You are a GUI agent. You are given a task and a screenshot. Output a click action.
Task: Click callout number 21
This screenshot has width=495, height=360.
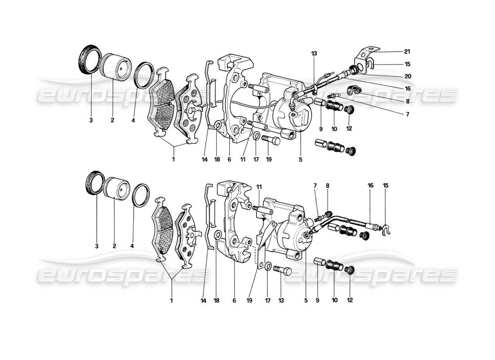click(x=407, y=52)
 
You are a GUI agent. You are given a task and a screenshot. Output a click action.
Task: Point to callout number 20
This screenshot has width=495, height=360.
click(x=407, y=76)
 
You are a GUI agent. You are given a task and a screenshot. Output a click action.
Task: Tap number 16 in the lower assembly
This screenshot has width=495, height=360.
click(x=370, y=185)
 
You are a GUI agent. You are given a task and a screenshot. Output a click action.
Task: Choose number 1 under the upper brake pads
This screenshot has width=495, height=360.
click(x=173, y=159)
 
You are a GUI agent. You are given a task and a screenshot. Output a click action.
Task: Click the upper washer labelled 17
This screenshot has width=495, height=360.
click(x=256, y=137)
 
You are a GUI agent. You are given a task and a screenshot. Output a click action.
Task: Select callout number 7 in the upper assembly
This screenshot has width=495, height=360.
click(x=407, y=115)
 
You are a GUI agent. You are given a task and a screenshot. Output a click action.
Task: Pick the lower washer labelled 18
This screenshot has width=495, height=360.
click(x=217, y=234)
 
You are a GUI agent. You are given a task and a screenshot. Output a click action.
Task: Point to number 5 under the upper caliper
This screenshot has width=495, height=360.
click(x=300, y=159)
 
